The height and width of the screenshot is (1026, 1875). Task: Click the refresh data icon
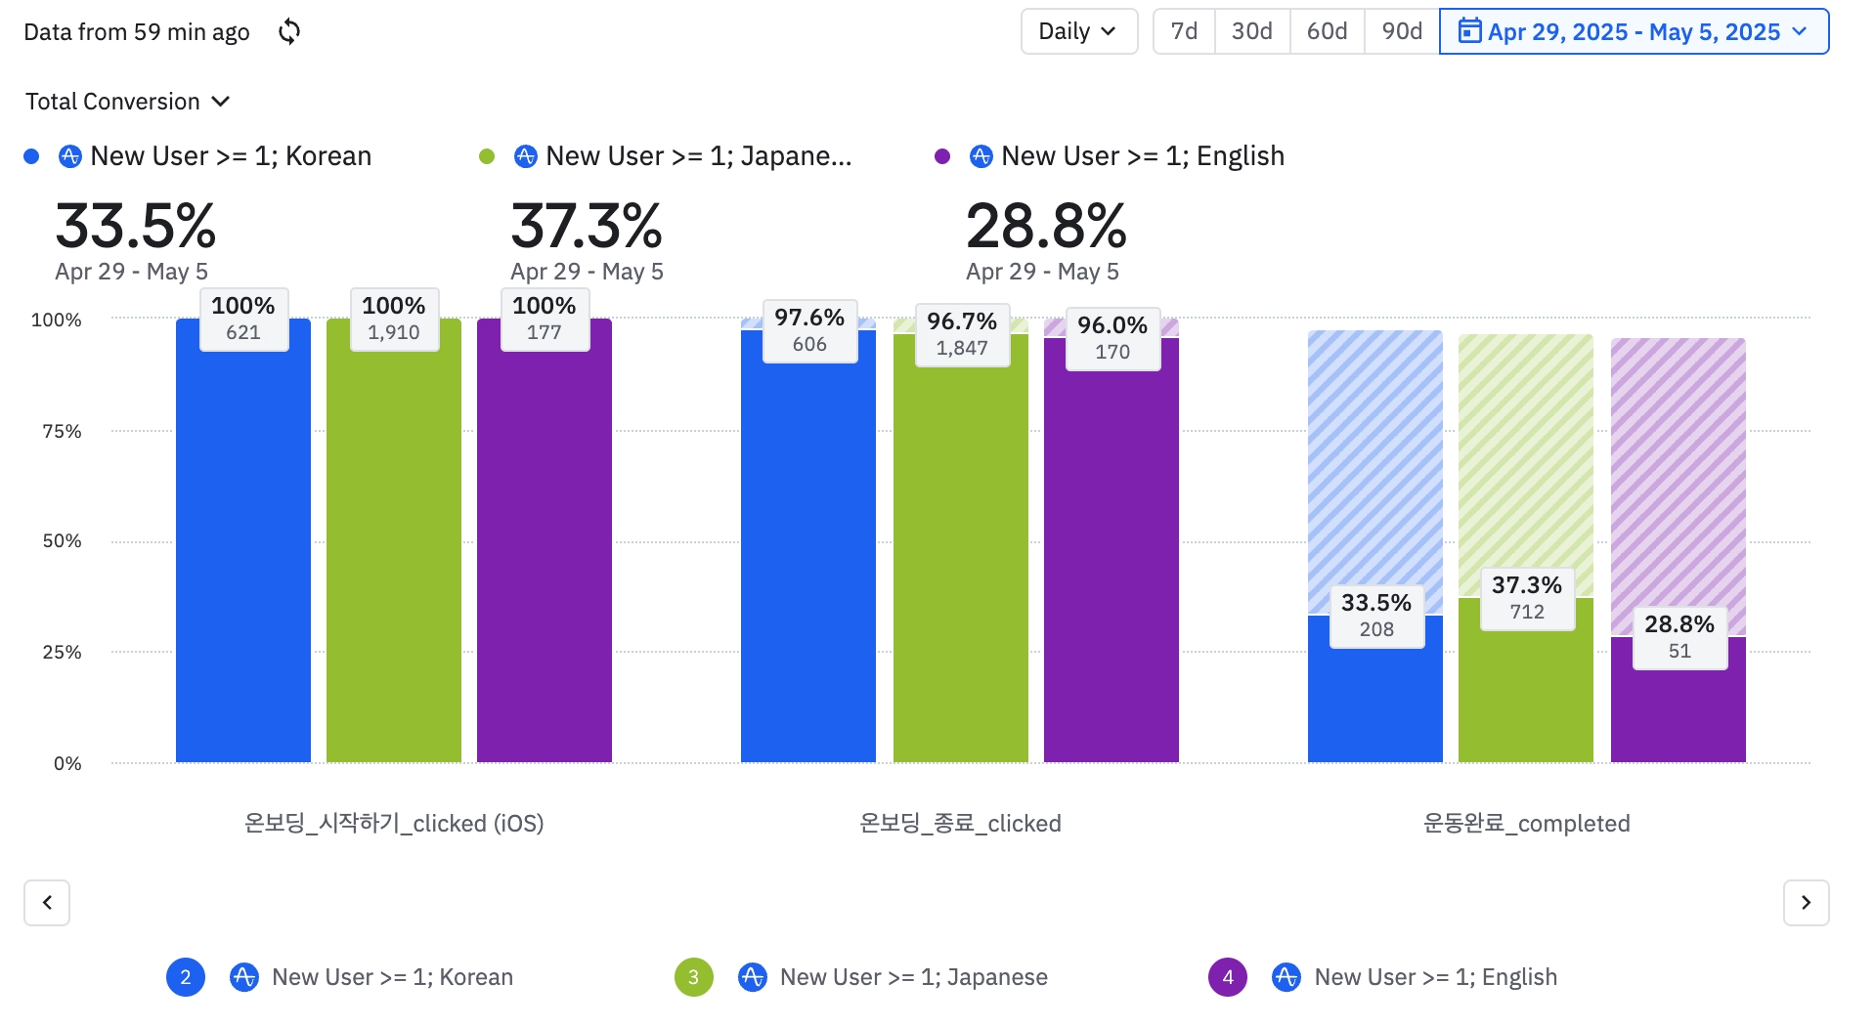[x=289, y=31]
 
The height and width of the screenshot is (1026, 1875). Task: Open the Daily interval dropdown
[x=1078, y=31]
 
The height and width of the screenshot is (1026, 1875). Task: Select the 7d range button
[x=1184, y=31]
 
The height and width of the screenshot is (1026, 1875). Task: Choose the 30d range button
[x=1251, y=31]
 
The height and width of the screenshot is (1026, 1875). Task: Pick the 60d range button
[x=1327, y=31]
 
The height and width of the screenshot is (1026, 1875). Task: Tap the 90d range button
[x=1401, y=31]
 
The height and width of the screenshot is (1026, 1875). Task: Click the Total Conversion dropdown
[x=127, y=102]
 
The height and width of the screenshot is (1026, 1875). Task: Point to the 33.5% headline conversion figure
[x=135, y=226]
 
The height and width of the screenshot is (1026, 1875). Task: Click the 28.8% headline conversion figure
[x=1045, y=226]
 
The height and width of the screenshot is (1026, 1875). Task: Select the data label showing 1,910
[x=394, y=320]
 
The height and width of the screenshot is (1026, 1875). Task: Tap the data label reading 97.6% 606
[x=809, y=331]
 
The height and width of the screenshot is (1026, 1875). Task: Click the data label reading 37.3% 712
[x=1527, y=598]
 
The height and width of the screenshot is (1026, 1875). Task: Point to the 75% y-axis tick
[x=62, y=431]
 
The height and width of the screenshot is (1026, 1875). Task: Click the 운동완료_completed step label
[x=1526, y=824]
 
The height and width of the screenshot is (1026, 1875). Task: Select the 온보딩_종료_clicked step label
[x=960, y=824]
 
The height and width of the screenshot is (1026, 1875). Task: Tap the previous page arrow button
[x=47, y=902]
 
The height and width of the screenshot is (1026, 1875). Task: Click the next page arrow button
[x=1806, y=902]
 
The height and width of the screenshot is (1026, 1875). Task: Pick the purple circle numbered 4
[x=1228, y=977]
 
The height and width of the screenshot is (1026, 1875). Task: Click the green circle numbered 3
[x=693, y=977]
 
